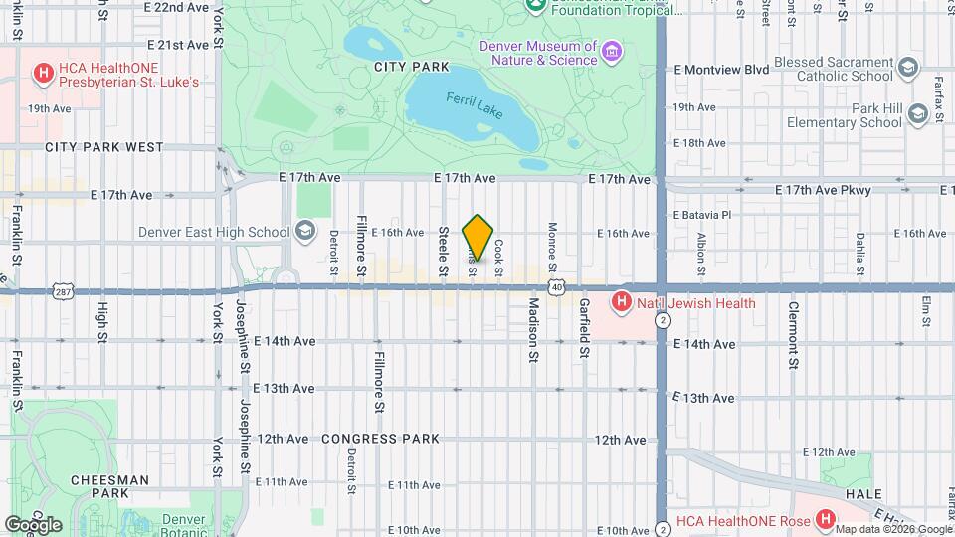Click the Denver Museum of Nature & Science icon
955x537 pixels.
(x=612, y=50)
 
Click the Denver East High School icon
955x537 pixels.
(x=305, y=232)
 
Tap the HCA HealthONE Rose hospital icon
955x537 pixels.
(x=824, y=519)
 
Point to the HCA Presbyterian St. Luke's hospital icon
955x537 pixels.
(x=43, y=73)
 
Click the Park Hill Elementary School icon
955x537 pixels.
(x=915, y=114)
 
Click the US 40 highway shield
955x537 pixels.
(x=558, y=287)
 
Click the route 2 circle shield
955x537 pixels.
(x=663, y=320)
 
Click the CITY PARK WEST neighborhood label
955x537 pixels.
(x=104, y=147)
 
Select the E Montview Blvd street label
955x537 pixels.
(x=721, y=70)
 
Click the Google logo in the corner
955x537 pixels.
(x=33, y=524)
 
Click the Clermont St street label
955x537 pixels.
(x=793, y=336)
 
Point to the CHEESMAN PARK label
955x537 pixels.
(x=99, y=486)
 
